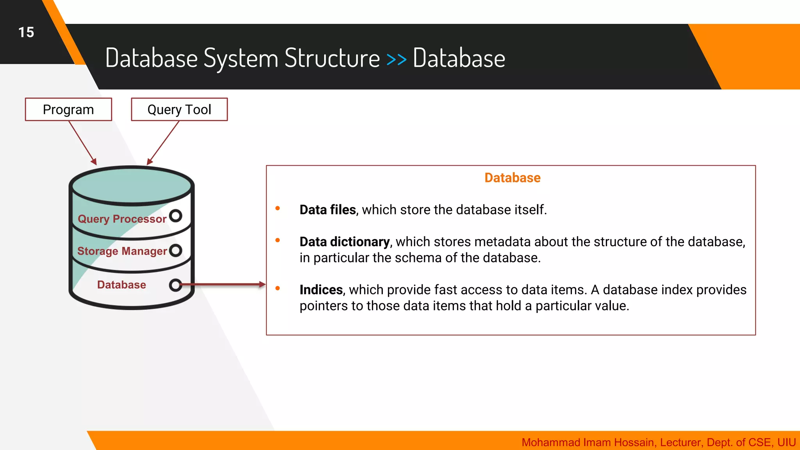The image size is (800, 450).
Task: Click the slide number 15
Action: (26, 32)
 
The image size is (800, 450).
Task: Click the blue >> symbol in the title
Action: (396, 59)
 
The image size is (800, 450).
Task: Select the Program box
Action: (68, 109)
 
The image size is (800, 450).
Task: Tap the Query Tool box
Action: (179, 109)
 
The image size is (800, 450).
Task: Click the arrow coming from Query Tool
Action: (163, 143)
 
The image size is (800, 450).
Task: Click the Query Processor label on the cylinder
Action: (122, 219)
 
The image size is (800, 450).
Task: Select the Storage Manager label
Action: (122, 251)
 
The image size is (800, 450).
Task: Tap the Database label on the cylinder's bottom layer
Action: (121, 285)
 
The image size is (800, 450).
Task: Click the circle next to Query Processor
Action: (176, 216)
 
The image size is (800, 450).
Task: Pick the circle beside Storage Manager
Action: (176, 250)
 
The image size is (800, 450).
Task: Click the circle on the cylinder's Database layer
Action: (175, 285)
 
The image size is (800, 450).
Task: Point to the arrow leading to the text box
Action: (223, 285)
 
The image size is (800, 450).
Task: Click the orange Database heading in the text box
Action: (512, 178)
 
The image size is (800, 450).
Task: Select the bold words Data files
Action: (327, 210)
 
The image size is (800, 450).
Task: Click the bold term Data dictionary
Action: (344, 242)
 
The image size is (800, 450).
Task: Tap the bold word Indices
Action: (321, 290)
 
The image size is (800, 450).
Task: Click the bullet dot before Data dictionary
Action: (278, 240)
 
